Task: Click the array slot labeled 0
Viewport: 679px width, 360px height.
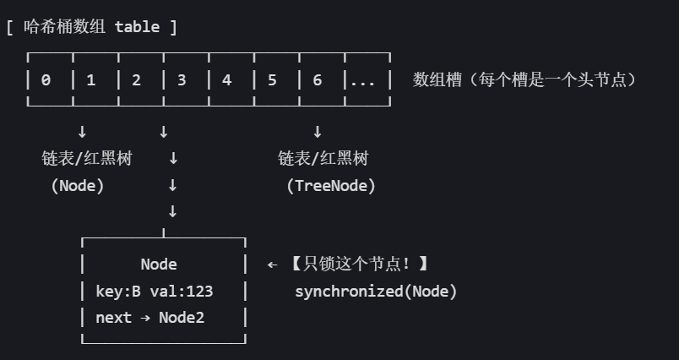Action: point(46,80)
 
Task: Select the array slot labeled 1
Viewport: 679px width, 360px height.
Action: point(91,80)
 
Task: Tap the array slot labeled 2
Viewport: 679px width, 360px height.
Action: point(136,80)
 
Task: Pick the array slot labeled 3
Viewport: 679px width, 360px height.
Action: point(182,80)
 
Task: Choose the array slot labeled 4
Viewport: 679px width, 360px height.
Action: point(226,80)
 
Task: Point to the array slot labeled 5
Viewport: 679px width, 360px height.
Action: point(272,80)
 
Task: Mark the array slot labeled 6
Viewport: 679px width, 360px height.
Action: point(318,80)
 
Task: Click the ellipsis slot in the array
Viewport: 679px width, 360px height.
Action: point(363,80)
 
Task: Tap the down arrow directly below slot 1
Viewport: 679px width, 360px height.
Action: point(82,132)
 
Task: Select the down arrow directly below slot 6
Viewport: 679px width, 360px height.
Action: point(318,132)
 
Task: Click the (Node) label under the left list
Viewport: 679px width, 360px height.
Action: point(78,186)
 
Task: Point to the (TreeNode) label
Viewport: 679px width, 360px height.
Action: point(331,186)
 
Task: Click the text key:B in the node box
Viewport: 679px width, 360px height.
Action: point(118,292)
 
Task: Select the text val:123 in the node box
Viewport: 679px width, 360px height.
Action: point(182,292)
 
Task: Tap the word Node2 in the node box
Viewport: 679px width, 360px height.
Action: point(182,319)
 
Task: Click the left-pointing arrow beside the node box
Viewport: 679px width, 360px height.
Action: point(272,265)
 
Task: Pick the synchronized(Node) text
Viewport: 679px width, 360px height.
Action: point(376,292)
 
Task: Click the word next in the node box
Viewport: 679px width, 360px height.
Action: point(114,319)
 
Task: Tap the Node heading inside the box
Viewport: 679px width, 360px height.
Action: point(159,265)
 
